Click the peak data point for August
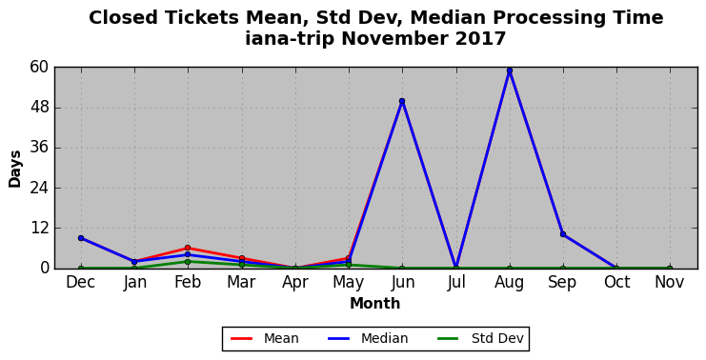[509, 70]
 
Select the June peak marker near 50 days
[402, 101]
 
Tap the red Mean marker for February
[188, 248]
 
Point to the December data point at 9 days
[81, 238]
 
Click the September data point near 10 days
[563, 234]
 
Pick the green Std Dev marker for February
[188, 262]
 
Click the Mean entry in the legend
[265, 338]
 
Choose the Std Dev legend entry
[481, 338]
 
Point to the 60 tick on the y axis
[39, 68]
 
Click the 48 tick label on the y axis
[39, 108]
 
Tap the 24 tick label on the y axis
[39, 189]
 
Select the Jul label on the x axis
[455, 282]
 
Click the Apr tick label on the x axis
[295, 283]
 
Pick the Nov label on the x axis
[670, 282]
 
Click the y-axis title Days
[15, 170]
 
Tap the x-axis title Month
[375, 303]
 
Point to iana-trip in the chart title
[290, 39]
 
